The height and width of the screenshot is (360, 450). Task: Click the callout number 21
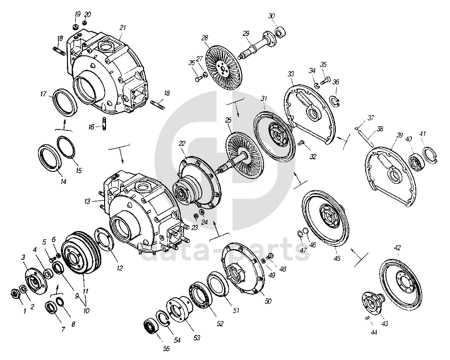click(x=122, y=28)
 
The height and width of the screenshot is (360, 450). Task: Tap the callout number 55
click(x=166, y=348)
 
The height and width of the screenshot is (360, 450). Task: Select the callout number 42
click(x=397, y=248)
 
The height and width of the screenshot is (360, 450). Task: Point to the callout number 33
click(x=291, y=74)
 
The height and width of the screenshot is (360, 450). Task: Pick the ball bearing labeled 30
click(x=280, y=31)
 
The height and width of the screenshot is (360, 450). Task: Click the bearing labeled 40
click(x=414, y=163)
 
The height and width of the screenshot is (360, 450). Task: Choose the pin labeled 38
click(x=365, y=138)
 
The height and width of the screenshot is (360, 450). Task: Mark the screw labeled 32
click(x=301, y=142)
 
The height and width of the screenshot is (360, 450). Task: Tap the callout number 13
click(x=87, y=201)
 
